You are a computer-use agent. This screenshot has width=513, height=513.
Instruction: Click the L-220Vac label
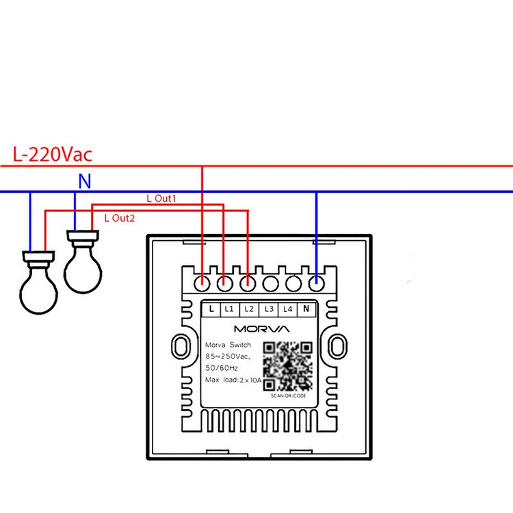[x=53, y=155]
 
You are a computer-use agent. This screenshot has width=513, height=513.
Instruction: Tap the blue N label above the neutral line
[x=85, y=181]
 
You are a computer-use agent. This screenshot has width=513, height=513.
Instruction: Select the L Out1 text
[x=161, y=198]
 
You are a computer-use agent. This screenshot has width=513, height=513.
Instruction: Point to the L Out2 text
[x=120, y=218]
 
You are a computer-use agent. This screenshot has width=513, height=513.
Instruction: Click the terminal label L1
[x=229, y=309]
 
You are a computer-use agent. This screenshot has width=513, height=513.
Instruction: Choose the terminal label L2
[x=249, y=309]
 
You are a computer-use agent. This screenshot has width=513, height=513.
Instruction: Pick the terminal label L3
[x=269, y=309]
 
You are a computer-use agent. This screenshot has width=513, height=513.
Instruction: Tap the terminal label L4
[x=288, y=309]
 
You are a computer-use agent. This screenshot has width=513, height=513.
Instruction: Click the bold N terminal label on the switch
[x=306, y=308]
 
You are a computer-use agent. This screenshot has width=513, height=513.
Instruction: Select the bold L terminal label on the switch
[x=211, y=308]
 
